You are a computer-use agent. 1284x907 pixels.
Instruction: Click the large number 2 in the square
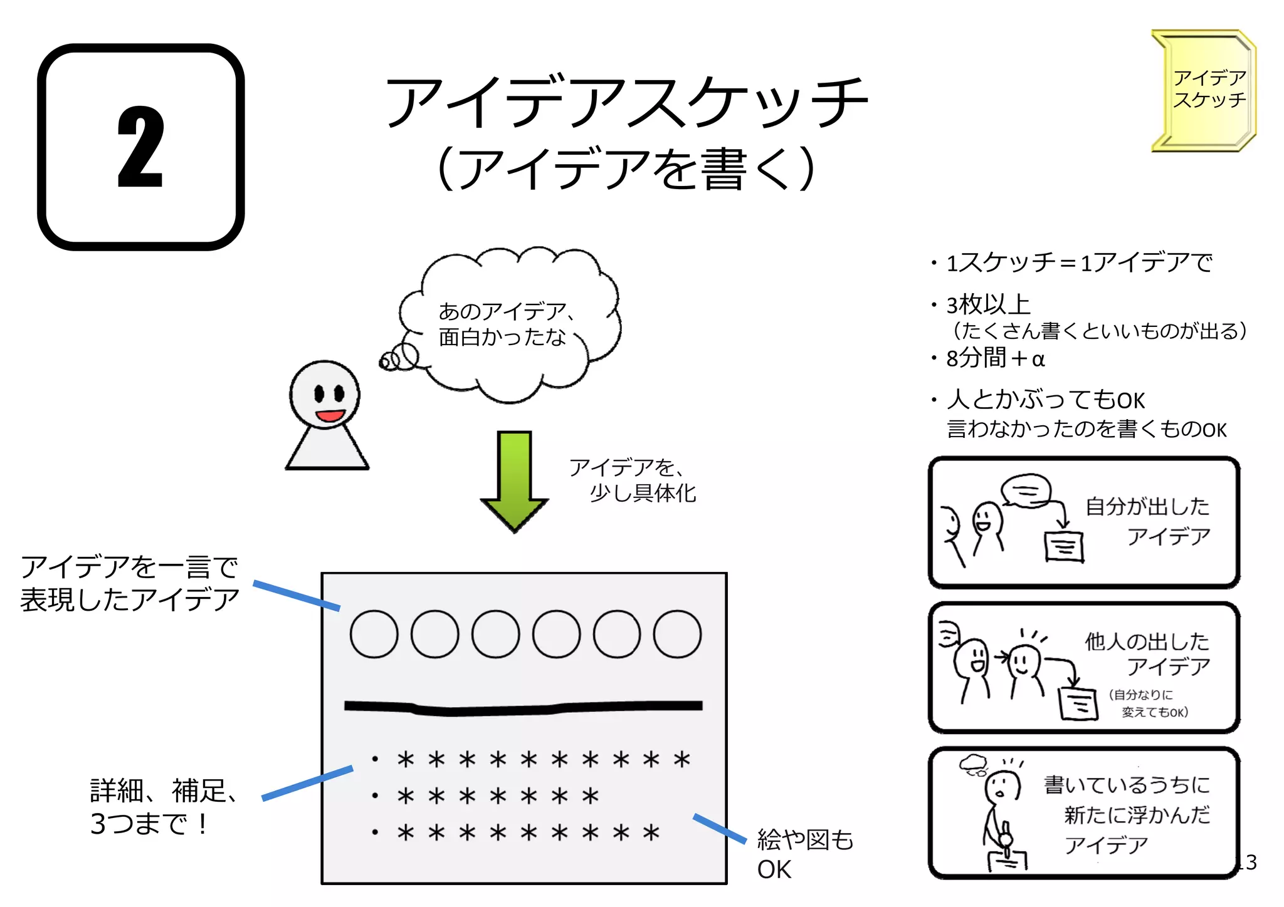coord(140,148)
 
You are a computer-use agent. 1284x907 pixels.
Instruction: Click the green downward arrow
coord(514,479)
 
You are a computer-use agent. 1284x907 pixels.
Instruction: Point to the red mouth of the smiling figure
coord(329,415)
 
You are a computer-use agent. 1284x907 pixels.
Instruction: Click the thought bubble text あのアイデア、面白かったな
coord(505,324)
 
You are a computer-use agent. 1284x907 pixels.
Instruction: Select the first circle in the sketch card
coord(374,634)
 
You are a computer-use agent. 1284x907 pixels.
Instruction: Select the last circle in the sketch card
coord(677,634)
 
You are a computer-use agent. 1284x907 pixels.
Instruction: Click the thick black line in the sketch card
coord(524,708)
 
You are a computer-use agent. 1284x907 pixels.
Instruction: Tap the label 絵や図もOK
coord(804,854)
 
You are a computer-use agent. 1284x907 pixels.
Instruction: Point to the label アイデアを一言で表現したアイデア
coord(130,583)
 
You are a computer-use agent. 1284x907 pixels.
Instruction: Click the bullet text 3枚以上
coord(989,305)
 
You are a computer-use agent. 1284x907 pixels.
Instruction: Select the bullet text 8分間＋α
coord(995,358)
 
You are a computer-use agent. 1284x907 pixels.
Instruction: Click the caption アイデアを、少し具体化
coord(632,480)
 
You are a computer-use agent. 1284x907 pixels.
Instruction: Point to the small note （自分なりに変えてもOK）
coord(1147,703)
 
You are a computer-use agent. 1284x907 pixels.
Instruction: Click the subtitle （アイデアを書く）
coord(626,168)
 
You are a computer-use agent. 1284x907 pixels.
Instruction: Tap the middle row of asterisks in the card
coord(498,796)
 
